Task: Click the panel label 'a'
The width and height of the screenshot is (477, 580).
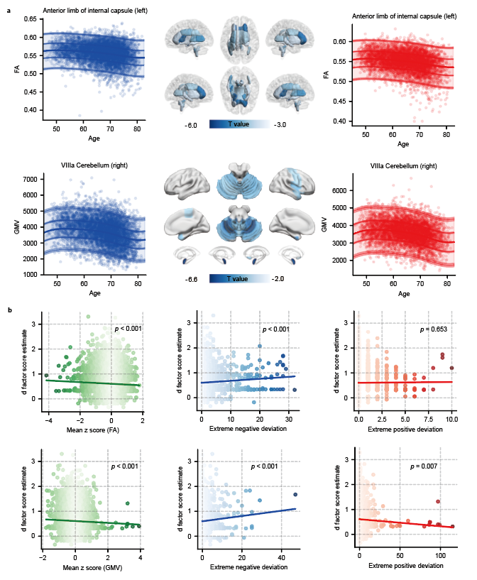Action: (9, 11)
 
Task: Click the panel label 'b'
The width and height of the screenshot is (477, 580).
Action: (9, 311)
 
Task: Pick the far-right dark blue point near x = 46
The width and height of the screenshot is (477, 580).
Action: (295, 494)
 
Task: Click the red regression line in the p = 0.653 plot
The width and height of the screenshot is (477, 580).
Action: (405, 382)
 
